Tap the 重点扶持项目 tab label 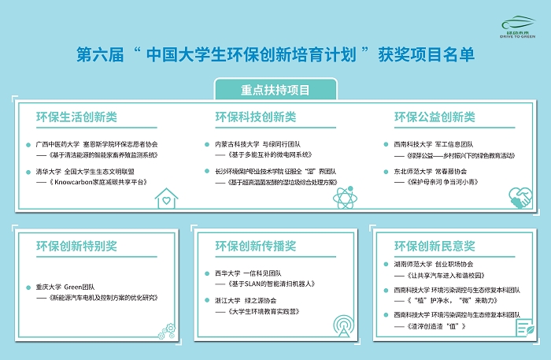pyautogui.click(x=275, y=89)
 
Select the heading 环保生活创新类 pyautogui.click(x=76, y=117)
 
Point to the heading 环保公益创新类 pyautogui.click(x=435, y=117)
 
